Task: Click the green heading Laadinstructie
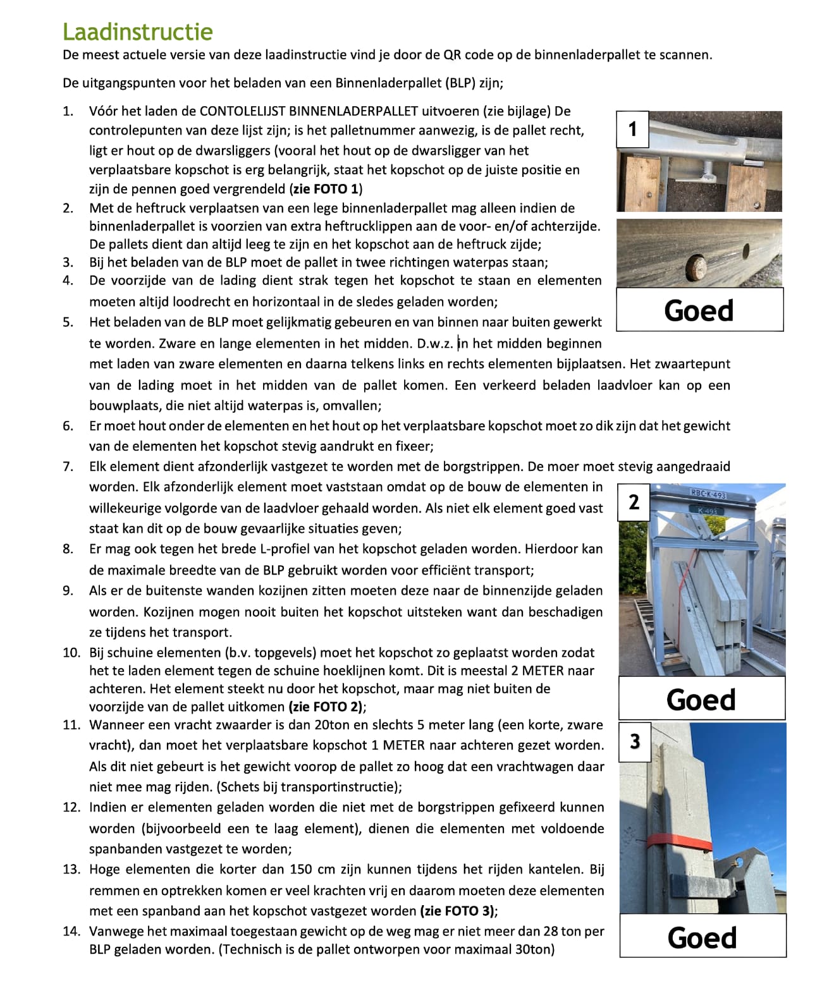click(138, 32)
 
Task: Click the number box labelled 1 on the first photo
click(632, 130)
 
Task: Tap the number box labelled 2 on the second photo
click(634, 502)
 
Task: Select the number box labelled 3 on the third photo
click(635, 741)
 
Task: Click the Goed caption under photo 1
click(699, 310)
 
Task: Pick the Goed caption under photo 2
click(701, 699)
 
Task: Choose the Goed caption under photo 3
click(702, 937)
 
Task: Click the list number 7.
click(68, 466)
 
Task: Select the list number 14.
click(71, 931)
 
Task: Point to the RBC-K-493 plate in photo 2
click(708, 494)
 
